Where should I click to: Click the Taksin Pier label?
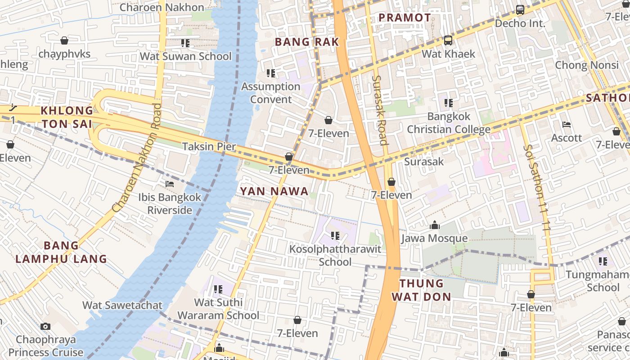pyautogui.click(x=209, y=146)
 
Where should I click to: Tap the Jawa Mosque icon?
pyautogui.click(x=435, y=225)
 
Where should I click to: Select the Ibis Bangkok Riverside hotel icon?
pyautogui.click(x=170, y=184)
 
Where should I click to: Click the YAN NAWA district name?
pyautogui.click(x=274, y=191)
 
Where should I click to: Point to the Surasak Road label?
pyautogui.click(x=380, y=110)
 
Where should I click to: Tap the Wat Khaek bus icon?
pyautogui.click(x=448, y=40)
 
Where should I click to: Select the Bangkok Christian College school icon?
pyautogui.click(x=448, y=103)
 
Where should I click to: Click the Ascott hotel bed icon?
pyautogui.click(x=567, y=125)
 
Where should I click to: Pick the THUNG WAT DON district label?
pyautogui.click(x=421, y=290)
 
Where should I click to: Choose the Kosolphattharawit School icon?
pyautogui.click(x=335, y=235)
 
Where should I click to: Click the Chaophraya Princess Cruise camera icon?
pyautogui.click(x=45, y=326)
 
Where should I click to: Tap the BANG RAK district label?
pyautogui.click(x=306, y=42)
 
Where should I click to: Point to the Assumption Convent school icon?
pyautogui.click(x=270, y=73)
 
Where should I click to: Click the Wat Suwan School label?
pyautogui.click(x=185, y=56)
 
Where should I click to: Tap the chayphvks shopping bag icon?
pyautogui.click(x=64, y=40)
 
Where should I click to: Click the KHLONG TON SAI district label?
pyautogui.click(x=67, y=117)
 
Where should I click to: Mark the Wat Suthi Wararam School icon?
pyautogui.click(x=218, y=289)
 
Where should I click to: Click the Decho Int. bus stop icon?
pyautogui.click(x=520, y=9)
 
